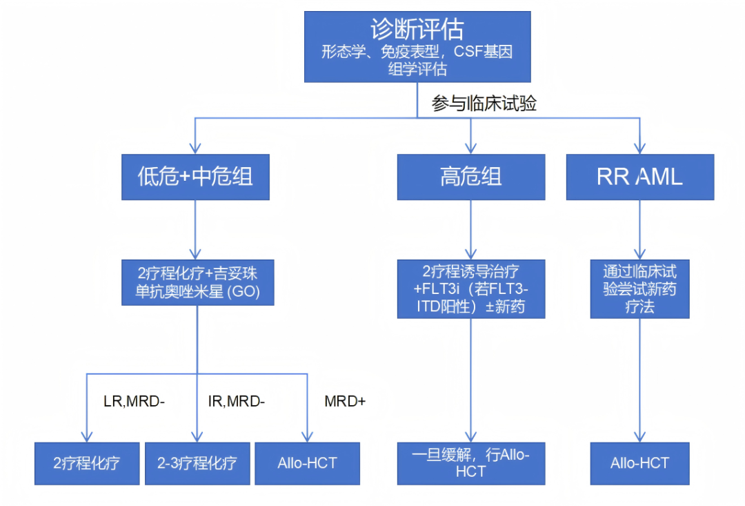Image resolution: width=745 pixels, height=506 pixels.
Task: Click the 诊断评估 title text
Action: click(x=417, y=30)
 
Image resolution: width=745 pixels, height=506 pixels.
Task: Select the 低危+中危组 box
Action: click(x=195, y=177)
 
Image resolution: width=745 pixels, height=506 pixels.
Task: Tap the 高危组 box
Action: click(x=471, y=177)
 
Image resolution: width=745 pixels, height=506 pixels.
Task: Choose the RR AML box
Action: click(x=640, y=177)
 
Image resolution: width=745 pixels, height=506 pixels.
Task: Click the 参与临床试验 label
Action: click(x=484, y=103)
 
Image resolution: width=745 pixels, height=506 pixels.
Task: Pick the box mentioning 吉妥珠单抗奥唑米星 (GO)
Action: click(x=198, y=282)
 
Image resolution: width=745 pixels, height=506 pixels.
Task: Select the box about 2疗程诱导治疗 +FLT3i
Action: click(x=471, y=289)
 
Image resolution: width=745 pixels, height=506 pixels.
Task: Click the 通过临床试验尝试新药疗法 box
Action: click(x=639, y=289)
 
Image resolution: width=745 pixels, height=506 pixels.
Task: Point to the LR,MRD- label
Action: click(x=134, y=401)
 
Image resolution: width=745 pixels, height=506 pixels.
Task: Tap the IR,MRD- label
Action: click(x=236, y=401)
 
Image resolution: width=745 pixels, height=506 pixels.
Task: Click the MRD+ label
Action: click(x=345, y=401)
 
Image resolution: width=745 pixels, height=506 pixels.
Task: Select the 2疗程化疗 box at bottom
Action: click(x=87, y=464)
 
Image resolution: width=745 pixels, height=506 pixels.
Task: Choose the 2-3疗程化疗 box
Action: click(x=197, y=464)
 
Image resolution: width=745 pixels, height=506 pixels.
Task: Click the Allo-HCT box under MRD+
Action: click(x=308, y=464)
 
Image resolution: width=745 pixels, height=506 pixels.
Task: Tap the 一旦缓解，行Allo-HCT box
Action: click(x=471, y=464)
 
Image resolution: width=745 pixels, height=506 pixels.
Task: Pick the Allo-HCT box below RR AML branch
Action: click(x=639, y=464)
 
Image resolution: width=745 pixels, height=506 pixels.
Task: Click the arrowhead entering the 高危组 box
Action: click(x=471, y=148)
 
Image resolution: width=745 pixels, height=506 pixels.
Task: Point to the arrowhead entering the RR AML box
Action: click(x=640, y=148)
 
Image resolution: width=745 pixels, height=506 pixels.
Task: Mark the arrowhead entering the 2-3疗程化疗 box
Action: click(x=197, y=437)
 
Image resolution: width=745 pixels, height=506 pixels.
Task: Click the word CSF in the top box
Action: click(x=468, y=51)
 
